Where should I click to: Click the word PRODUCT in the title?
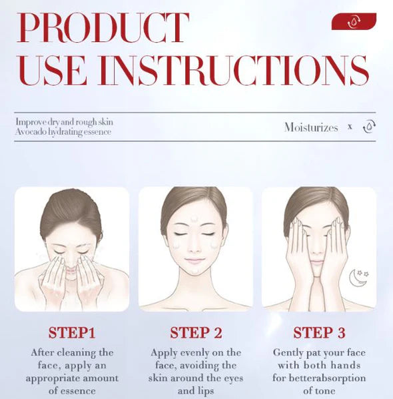(x=103, y=27)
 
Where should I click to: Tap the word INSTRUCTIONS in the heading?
(x=233, y=70)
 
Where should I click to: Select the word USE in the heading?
(x=52, y=70)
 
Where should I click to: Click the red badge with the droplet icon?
(x=354, y=21)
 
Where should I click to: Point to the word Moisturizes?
(x=311, y=127)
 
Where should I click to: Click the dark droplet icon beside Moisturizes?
(x=369, y=126)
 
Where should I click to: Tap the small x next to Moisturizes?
(x=350, y=127)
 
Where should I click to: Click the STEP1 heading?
(x=72, y=332)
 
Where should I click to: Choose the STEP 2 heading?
(x=196, y=332)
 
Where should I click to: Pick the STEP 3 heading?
(x=319, y=332)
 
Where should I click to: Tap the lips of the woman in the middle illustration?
(x=195, y=260)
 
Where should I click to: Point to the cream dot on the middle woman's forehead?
(x=195, y=218)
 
